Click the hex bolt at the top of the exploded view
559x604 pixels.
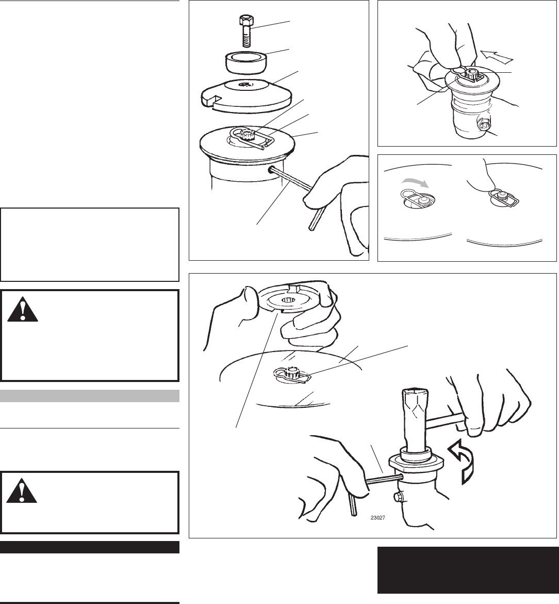tap(246, 31)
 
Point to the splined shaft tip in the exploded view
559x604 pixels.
tap(245, 135)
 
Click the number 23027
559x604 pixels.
tap(378, 518)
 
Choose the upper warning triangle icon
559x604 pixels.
tap(23, 309)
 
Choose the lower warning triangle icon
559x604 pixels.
tap(22, 490)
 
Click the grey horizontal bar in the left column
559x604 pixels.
tap(90, 396)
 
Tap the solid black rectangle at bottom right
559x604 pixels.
tap(468, 570)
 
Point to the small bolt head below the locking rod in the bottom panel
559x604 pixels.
tap(398, 498)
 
